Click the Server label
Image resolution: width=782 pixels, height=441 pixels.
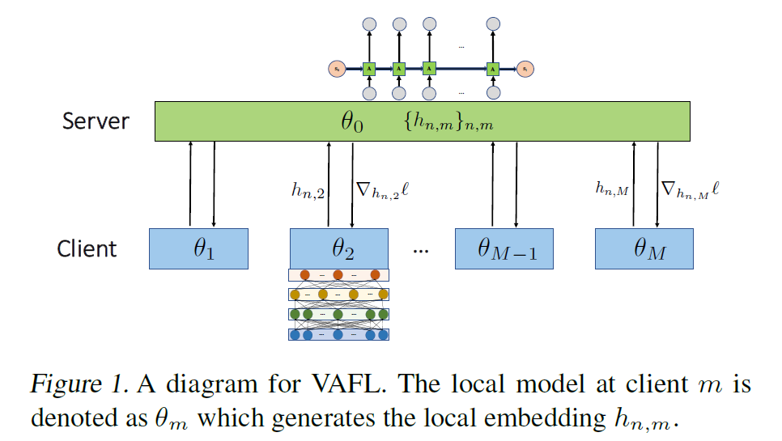(96, 121)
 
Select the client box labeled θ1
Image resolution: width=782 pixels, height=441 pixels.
(198, 248)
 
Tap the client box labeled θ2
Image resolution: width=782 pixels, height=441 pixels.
(338, 248)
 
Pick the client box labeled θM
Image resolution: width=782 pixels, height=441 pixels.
(644, 248)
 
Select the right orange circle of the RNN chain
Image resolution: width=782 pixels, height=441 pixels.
(525, 69)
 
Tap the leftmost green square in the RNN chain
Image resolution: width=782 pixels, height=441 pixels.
(369, 69)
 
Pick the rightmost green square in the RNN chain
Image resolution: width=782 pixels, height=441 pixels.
(492, 69)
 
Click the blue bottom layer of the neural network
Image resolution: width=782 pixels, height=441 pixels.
(338, 334)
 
